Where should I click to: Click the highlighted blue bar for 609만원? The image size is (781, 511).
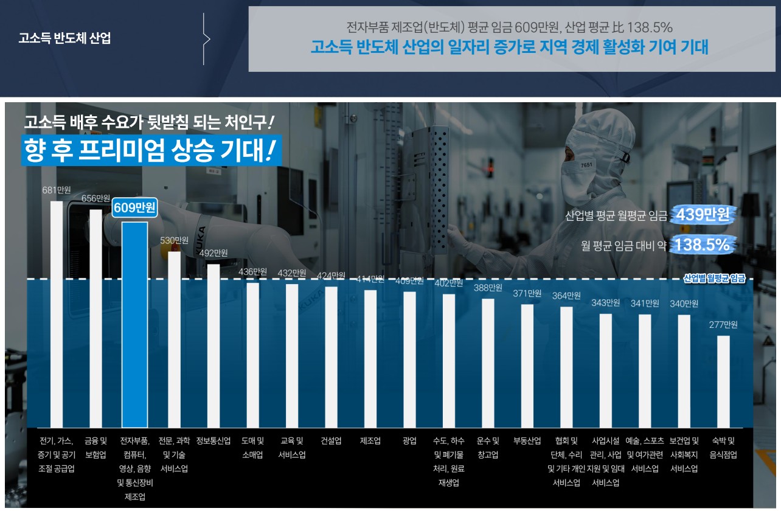(x=134, y=324)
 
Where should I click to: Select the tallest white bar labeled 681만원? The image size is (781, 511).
(x=56, y=313)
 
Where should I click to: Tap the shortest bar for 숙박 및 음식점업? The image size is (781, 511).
(x=723, y=381)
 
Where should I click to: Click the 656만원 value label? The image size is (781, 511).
(x=96, y=198)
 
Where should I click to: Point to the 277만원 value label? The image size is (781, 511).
(x=723, y=325)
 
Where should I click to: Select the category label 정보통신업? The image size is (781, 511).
(x=213, y=441)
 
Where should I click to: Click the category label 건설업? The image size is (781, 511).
(x=331, y=441)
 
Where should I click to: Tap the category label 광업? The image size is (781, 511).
(x=409, y=441)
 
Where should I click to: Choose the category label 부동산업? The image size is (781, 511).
(x=527, y=441)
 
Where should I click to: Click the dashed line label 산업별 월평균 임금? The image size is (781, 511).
(x=714, y=279)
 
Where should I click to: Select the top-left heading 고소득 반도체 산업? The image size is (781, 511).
(x=64, y=39)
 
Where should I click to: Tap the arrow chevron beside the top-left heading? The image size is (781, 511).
(x=206, y=39)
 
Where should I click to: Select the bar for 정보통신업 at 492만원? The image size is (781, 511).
(x=213, y=346)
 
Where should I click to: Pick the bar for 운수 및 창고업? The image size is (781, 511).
(x=488, y=363)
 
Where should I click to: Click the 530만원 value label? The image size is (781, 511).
(x=174, y=240)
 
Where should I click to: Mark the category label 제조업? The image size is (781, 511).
(x=370, y=441)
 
